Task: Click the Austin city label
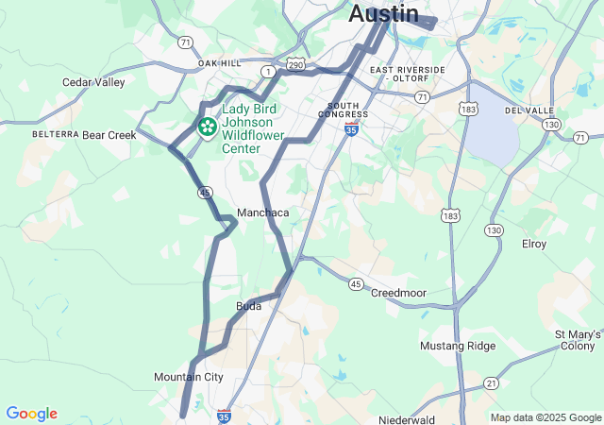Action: [x=383, y=13]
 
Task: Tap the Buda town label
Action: [x=248, y=306]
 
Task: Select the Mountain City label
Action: [x=189, y=377]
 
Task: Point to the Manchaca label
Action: [x=262, y=212]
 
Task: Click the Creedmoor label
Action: [x=398, y=293]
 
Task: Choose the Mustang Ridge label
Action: [x=457, y=346]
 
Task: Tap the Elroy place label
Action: [x=534, y=244]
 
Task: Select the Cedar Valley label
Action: [x=93, y=82]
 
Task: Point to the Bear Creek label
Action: [x=109, y=135]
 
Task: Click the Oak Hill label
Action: [x=219, y=63]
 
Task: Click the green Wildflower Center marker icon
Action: [x=207, y=125]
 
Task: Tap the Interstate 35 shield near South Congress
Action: [x=351, y=127]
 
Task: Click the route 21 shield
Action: [x=491, y=382]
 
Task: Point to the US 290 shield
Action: [x=295, y=63]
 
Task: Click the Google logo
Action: [x=31, y=414]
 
